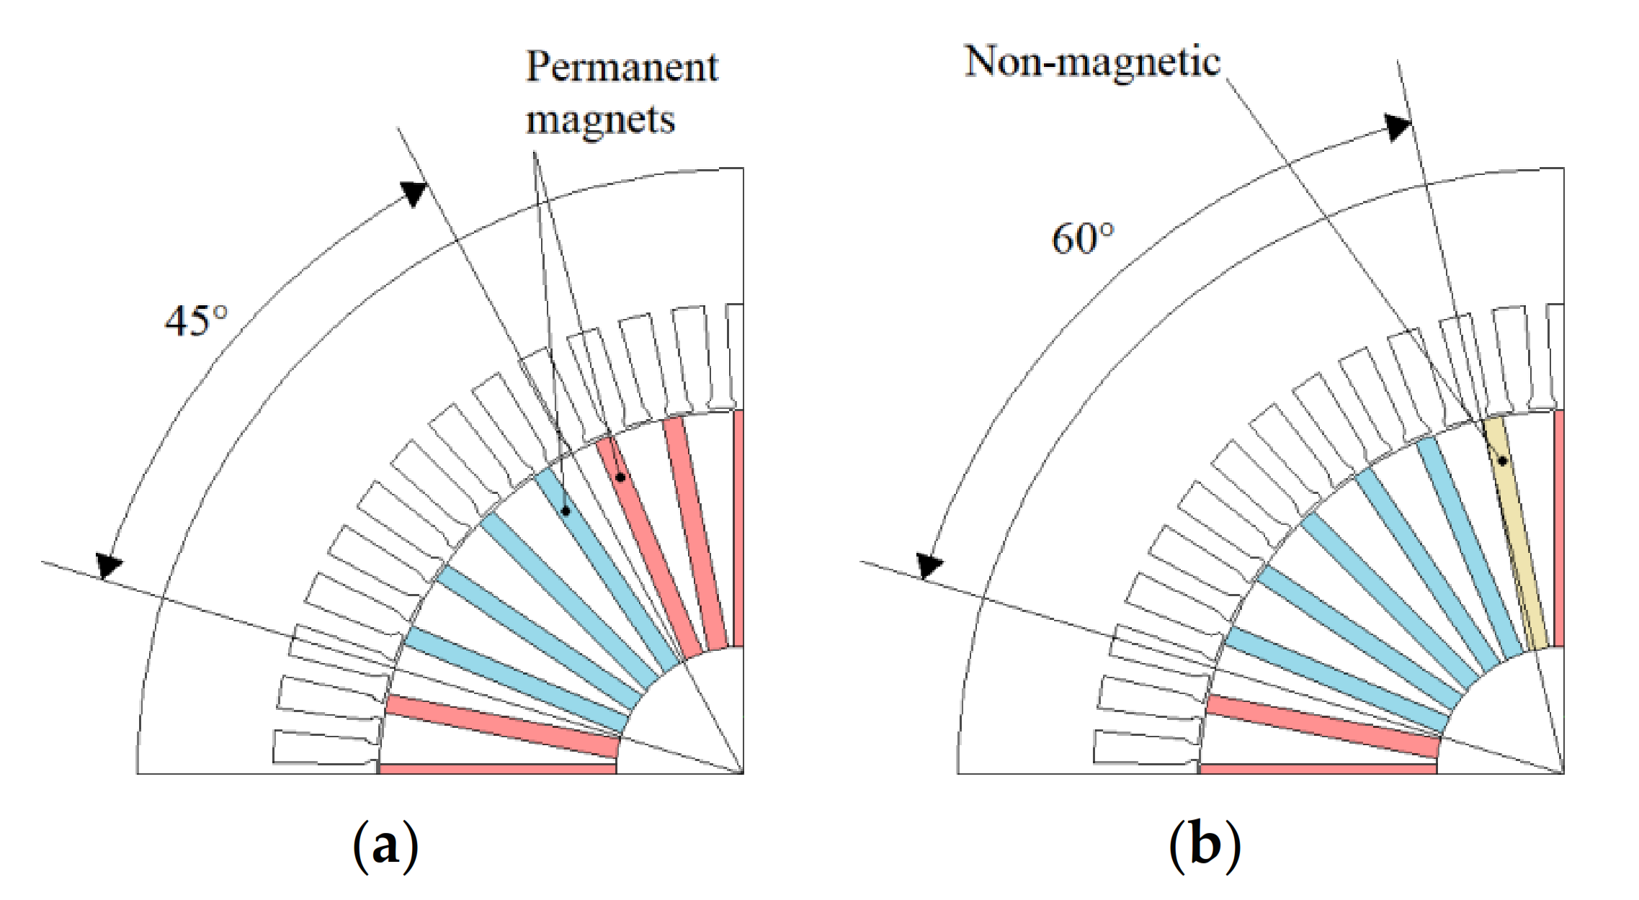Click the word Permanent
click(622, 68)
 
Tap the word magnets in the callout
click(600, 119)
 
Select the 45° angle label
click(196, 320)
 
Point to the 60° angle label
click(1082, 238)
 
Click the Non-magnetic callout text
click(1092, 61)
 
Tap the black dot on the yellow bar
click(1503, 461)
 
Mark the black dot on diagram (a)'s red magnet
click(620, 477)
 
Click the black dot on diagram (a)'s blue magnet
click(566, 511)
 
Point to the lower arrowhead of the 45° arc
click(109, 565)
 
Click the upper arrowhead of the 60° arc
click(1398, 127)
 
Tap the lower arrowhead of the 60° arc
click(929, 565)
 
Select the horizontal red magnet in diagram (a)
click(497, 769)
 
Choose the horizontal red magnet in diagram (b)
click(1318, 769)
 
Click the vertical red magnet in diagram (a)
click(738, 529)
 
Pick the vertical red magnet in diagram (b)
click(1558, 529)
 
